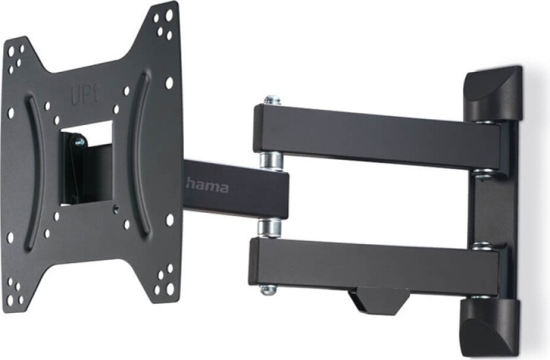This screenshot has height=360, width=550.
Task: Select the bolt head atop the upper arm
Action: [x=272, y=100]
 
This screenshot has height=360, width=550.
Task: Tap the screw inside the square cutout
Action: [x=79, y=140]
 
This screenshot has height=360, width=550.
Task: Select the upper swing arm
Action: [x=376, y=137]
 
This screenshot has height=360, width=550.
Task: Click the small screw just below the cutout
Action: [x=116, y=210]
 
